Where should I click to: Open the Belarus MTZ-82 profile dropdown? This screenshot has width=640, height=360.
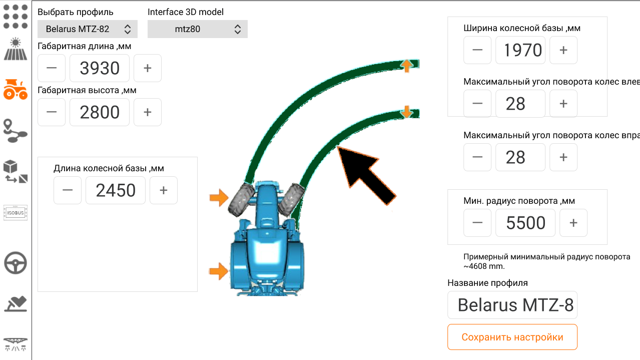coord(88,29)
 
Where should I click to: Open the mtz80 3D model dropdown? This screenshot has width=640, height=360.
coord(198,29)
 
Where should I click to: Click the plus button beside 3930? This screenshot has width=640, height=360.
coord(148,68)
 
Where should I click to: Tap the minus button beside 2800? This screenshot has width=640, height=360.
coord(52,112)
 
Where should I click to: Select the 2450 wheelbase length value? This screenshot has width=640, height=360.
coord(116,190)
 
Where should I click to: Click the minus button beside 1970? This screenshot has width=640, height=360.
coord(477,50)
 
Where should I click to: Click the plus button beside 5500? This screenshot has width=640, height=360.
coord(573,223)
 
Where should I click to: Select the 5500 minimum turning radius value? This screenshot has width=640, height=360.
coord(525,223)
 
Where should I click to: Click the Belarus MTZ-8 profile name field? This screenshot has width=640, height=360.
coord(512,305)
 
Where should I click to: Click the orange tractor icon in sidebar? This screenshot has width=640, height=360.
coord(16,89)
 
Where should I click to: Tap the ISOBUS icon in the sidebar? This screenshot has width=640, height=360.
coord(16,213)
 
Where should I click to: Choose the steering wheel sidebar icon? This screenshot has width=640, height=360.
coord(16,263)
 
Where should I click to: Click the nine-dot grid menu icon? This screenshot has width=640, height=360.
coord(16,17)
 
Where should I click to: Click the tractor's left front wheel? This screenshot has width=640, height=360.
coord(241,200)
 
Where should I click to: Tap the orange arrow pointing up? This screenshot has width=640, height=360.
coord(406,66)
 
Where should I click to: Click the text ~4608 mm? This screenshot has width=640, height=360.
coord(484,266)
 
